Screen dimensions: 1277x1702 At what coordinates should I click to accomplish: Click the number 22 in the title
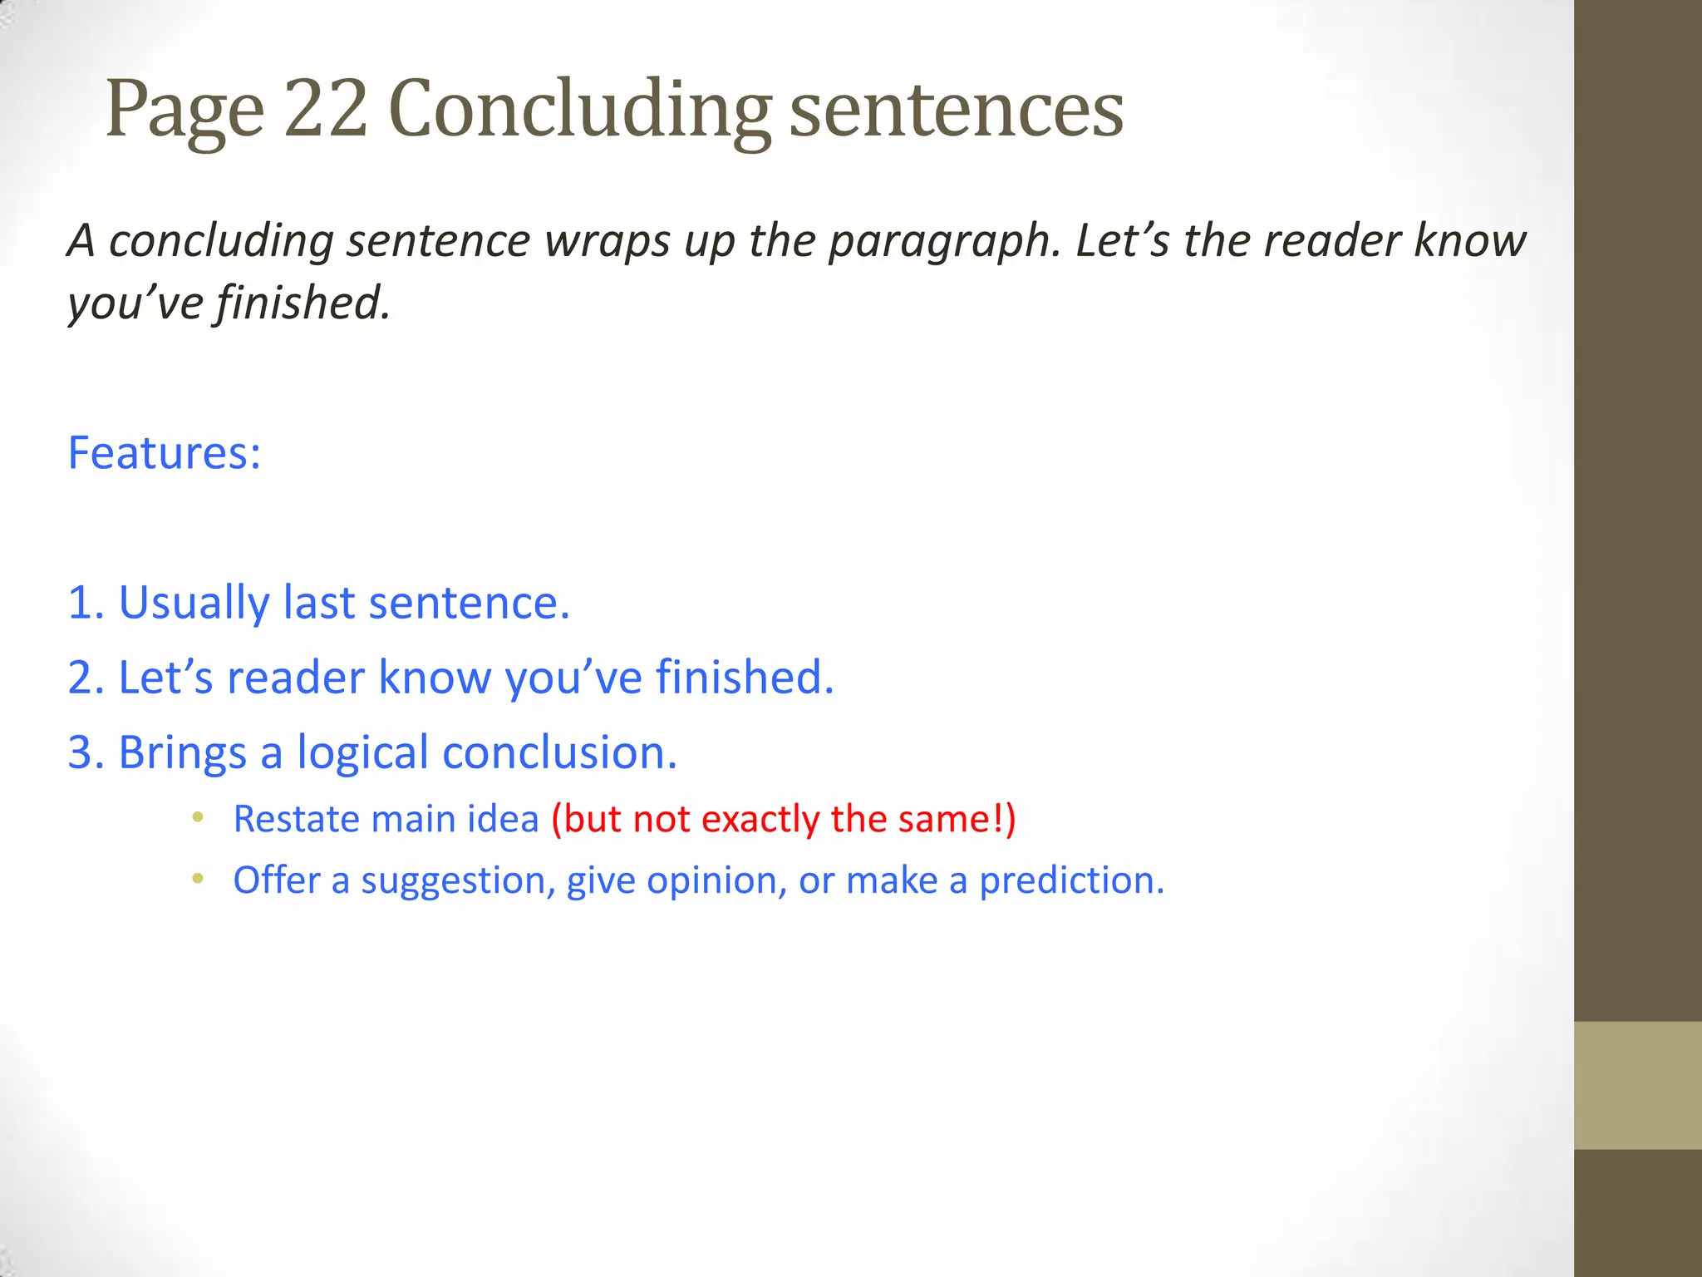[x=325, y=108]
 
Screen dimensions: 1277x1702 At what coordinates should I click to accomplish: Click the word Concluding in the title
[x=579, y=110]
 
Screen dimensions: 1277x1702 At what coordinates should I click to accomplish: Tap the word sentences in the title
[x=956, y=110]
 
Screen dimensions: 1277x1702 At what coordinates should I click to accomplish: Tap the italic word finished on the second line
[x=303, y=302]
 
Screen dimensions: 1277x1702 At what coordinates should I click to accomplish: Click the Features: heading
[x=165, y=453]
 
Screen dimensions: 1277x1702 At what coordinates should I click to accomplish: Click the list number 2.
[x=81, y=677]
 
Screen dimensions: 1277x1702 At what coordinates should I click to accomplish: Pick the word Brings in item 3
[x=182, y=752]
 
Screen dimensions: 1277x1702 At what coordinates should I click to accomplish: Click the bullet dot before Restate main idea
[x=197, y=817]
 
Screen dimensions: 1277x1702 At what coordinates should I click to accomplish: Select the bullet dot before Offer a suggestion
[x=197, y=879]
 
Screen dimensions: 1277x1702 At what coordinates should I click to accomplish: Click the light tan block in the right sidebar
[x=1637, y=1085]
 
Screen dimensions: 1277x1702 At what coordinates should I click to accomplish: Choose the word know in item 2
[x=435, y=677]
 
